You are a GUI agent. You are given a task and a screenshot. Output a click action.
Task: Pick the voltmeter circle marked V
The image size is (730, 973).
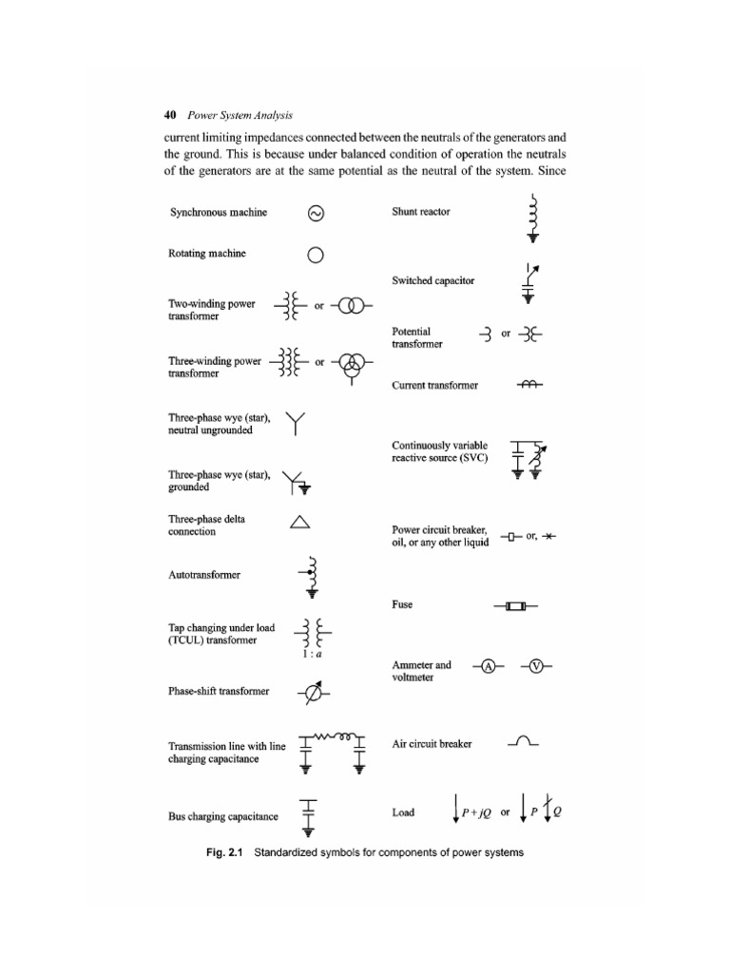[537, 666]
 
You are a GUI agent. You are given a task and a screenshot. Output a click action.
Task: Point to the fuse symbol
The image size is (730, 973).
[515, 605]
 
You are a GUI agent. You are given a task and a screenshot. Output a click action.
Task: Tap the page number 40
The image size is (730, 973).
[171, 115]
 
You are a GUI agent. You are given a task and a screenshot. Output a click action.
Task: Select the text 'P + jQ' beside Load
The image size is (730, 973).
[475, 813]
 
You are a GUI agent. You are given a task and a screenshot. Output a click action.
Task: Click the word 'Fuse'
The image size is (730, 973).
[402, 605]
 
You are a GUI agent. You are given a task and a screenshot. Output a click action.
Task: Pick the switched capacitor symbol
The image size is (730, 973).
[529, 281]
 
